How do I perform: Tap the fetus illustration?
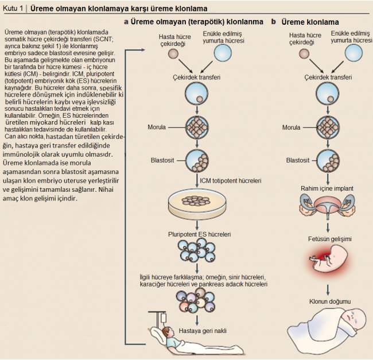(329, 259)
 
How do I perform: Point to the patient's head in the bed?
(167, 332)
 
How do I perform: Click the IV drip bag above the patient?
(164, 318)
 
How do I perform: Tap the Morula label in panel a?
(157, 127)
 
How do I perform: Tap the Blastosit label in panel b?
(298, 160)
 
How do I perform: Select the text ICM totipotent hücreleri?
(231, 181)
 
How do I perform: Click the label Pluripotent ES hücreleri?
(199, 234)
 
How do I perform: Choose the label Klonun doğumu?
(330, 301)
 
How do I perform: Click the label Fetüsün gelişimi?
(330, 239)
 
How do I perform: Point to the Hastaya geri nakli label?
(203, 331)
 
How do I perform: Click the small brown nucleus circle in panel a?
(173, 53)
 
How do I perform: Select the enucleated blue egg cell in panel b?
(353, 53)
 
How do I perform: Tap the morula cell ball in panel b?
(328, 127)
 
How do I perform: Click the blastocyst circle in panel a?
(197, 161)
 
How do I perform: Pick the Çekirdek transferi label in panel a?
(196, 78)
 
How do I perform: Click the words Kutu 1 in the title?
(13, 9)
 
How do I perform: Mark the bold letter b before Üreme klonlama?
(274, 22)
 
